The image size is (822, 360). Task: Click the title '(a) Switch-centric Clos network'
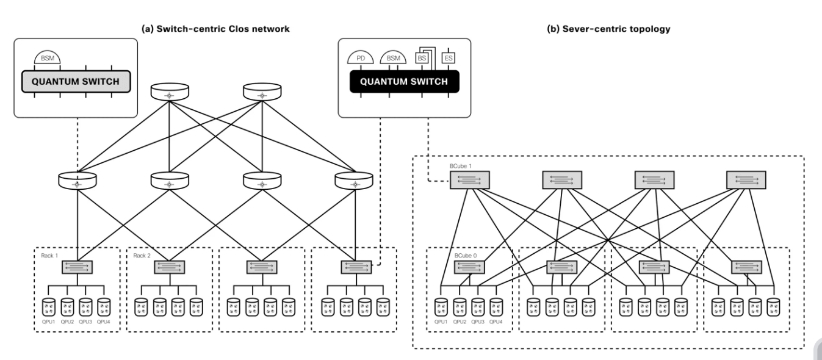215,29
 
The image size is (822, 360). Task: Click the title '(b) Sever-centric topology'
608,29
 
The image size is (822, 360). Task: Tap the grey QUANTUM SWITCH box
76,82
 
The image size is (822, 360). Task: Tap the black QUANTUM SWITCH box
404,82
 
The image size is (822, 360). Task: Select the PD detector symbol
361,57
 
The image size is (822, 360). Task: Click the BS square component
422,58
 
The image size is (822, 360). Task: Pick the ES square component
449,58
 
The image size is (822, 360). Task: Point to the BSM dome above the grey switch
48,57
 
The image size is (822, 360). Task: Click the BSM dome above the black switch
393,57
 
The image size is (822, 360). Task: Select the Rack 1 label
49,256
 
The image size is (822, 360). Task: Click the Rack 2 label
142,256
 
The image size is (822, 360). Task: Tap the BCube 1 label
461,166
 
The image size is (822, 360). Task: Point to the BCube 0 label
465,256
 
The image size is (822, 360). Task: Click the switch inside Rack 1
77,267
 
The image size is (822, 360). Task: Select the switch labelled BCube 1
470,180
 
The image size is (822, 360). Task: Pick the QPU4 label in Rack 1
104,322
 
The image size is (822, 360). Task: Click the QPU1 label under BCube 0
441,322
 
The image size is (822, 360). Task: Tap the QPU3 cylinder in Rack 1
85,307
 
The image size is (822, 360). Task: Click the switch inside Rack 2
170,267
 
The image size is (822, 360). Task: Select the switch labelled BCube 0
469,267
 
